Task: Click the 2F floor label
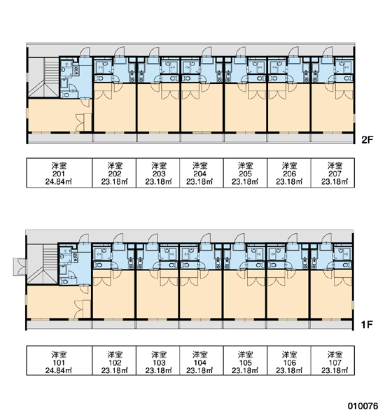367,139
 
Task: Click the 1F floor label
367,325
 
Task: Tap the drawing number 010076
363,406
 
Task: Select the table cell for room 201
59,173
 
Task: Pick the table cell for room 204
201,173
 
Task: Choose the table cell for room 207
332,173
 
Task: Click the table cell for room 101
59,360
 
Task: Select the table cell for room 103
157,360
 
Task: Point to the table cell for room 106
289,360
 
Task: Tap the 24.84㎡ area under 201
59,182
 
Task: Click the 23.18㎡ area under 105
245,370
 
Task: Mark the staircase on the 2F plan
43,77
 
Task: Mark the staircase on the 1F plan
43,265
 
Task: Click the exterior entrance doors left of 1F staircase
20,267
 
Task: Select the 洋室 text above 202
115,166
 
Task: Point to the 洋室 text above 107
335,354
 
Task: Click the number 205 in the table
245,174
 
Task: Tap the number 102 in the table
115,363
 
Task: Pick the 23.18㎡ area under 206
289,182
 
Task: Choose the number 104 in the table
200,363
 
